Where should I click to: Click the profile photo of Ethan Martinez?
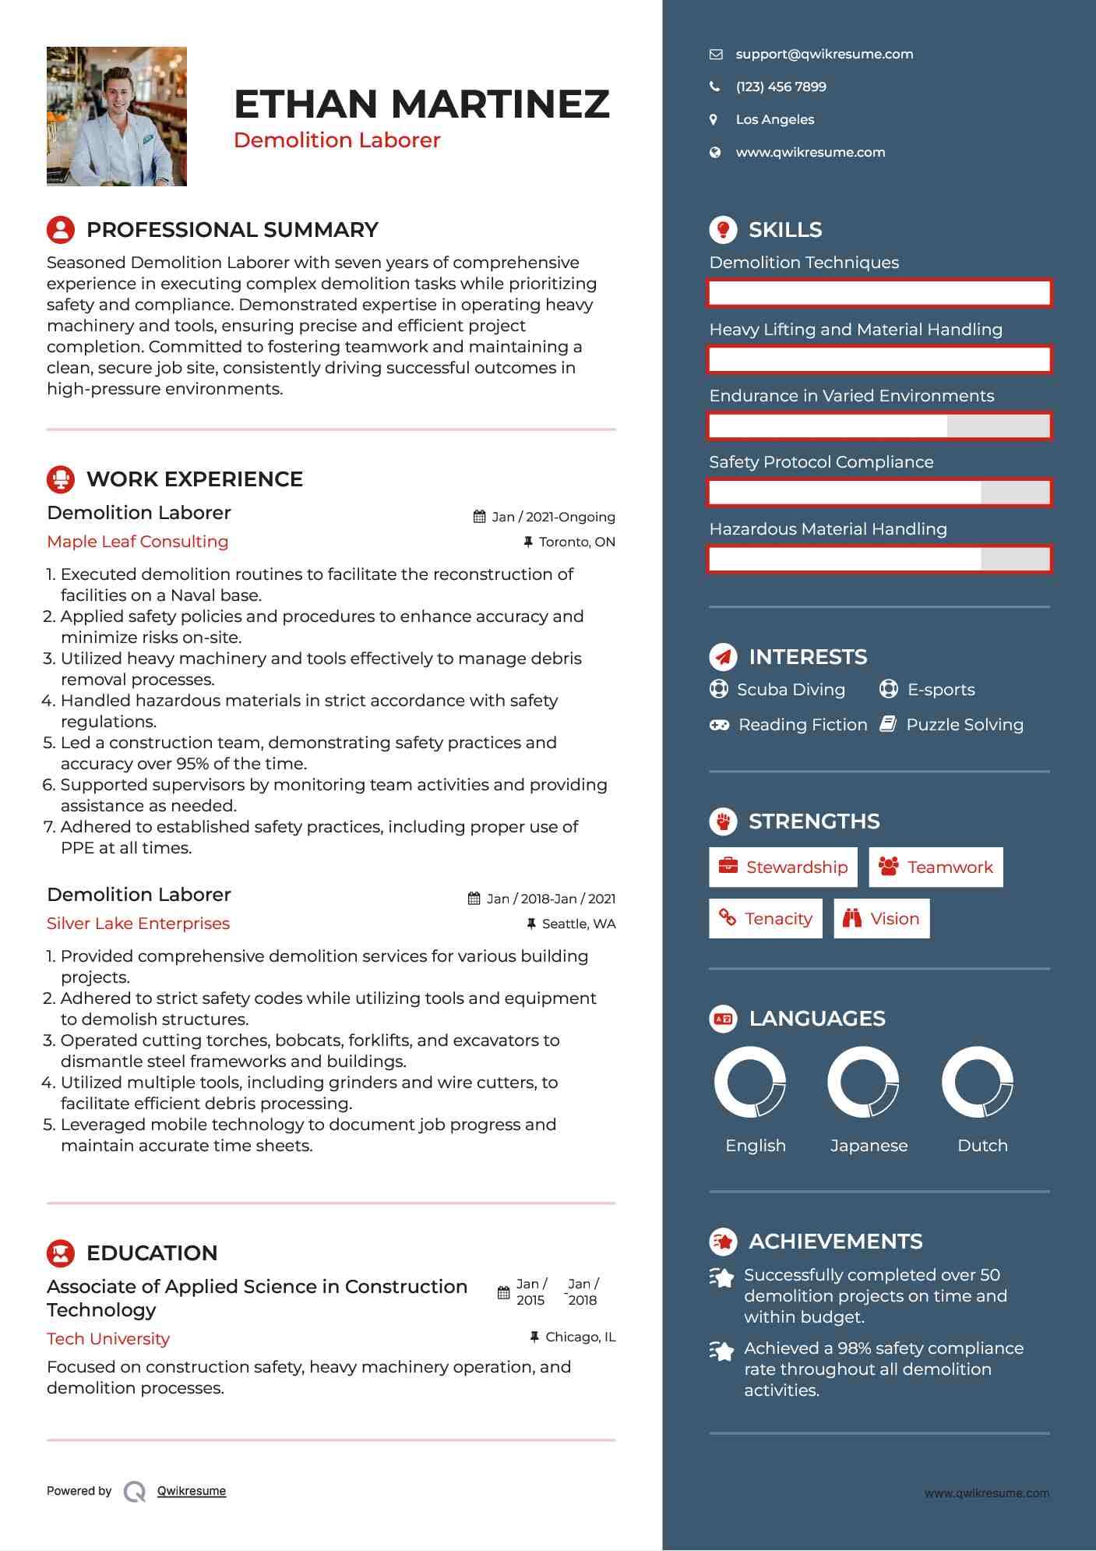click(x=117, y=116)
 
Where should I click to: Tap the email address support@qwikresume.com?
click(x=824, y=55)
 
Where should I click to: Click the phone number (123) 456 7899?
click(x=781, y=87)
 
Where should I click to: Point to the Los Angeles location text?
click(x=774, y=120)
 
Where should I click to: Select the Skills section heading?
click(x=784, y=230)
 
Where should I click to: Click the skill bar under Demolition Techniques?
click(x=879, y=293)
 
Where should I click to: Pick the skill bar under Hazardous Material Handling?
click(x=879, y=559)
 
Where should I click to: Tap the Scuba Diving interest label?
click(x=791, y=690)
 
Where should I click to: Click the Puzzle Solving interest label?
click(x=964, y=725)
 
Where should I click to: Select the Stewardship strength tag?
click(x=783, y=867)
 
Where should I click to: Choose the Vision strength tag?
click(x=882, y=919)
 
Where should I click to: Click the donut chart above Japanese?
click(x=863, y=1082)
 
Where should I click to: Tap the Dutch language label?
click(x=982, y=1146)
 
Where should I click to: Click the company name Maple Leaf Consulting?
click(x=138, y=542)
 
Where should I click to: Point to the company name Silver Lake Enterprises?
click(x=139, y=924)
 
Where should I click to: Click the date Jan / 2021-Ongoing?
click(x=553, y=518)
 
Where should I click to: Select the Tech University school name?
click(x=108, y=1339)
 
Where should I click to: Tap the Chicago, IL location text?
click(x=580, y=1337)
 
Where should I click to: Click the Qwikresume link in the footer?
click(x=192, y=1491)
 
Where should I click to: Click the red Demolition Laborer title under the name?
click(x=337, y=140)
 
